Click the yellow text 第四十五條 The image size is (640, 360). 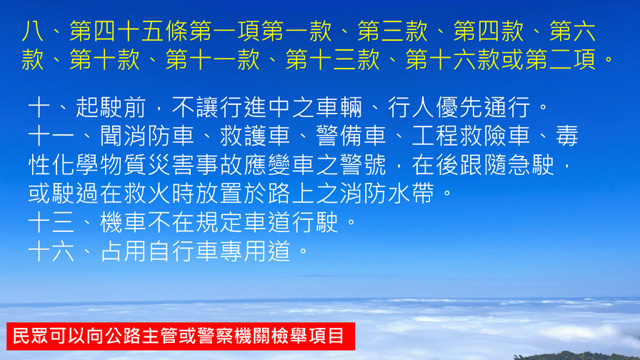coord(129,31)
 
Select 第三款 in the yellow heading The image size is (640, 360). coord(393,31)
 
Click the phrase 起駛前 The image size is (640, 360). coord(111,107)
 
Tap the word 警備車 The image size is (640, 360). coord(351,136)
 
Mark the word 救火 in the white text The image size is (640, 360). coord(147,194)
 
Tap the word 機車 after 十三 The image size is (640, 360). coord(123,222)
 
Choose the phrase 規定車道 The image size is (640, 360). coord(243,222)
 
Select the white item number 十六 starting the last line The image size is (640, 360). coord(51,251)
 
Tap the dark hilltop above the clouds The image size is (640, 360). coord(579,356)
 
